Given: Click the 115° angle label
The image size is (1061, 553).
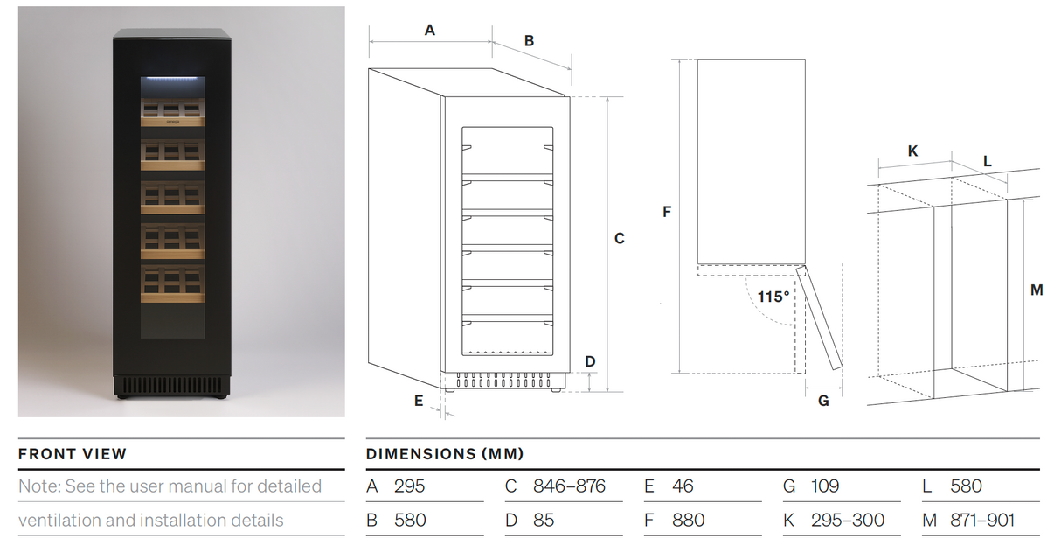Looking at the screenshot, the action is tap(773, 297).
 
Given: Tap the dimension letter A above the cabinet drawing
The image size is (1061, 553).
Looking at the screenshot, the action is tap(430, 31).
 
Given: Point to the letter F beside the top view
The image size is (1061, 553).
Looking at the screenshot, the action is tap(667, 212).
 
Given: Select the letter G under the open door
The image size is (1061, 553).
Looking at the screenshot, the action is tap(823, 402).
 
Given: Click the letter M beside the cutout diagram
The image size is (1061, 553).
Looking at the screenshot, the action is tap(1037, 290).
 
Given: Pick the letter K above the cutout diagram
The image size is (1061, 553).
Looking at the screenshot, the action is tap(912, 151).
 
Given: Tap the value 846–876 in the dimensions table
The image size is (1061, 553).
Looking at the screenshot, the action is tap(569, 486).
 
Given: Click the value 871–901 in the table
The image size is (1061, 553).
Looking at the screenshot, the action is tap(982, 521).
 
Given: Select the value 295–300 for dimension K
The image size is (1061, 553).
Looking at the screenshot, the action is tap(848, 521).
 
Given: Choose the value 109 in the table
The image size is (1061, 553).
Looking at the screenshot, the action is tap(825, 486).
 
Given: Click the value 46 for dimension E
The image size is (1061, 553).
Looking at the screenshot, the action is tap(683, 486).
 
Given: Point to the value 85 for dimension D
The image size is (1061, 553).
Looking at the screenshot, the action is tap(544, 521).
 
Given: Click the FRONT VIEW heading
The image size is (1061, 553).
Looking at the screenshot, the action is tap(73, 454).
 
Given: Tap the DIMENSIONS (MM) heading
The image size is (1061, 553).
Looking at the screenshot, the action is tap(445, 454).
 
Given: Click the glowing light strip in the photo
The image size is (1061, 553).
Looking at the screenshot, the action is tap(173, 78).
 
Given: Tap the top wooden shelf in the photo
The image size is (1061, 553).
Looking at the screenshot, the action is tap(172, 113).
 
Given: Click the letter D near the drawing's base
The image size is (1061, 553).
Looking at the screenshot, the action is tap(590, 362).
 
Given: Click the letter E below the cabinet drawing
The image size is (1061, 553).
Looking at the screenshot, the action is tap(419, 402).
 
